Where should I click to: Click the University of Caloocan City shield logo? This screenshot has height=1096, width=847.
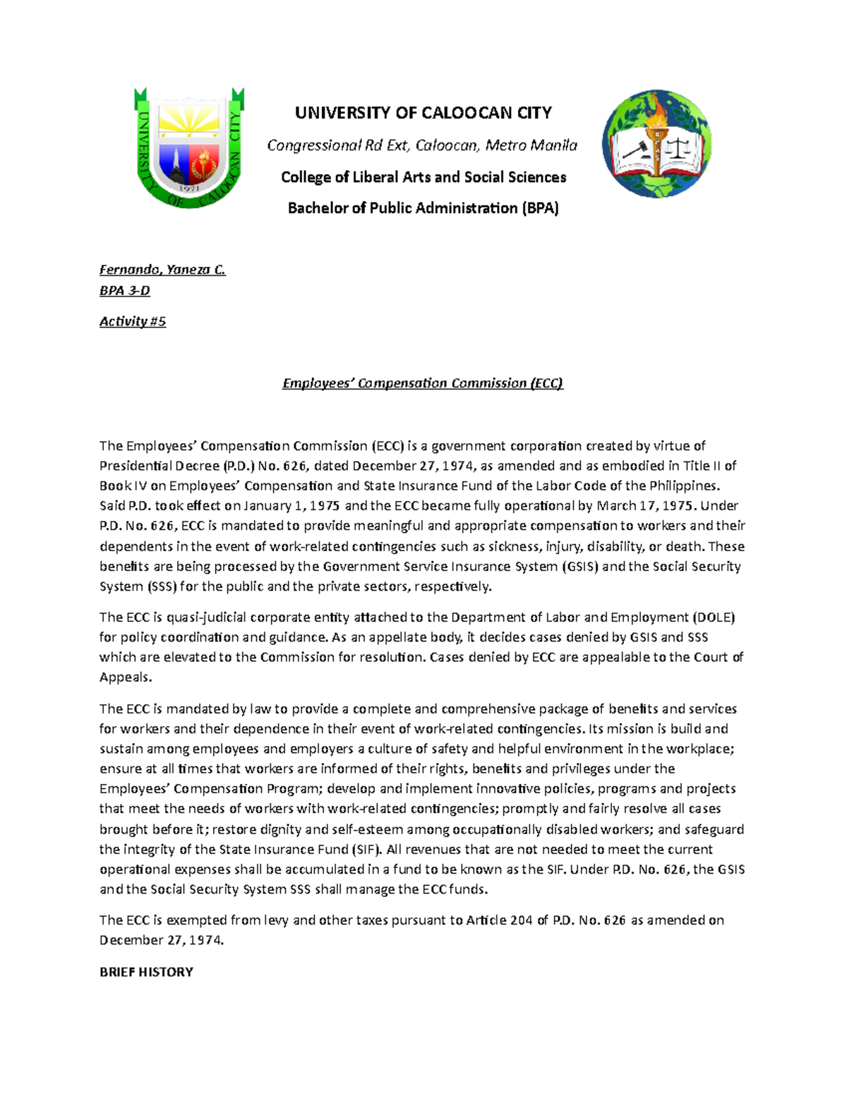pyautogui.click(x=189, y=147)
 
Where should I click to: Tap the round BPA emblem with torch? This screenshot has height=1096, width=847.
pyautogui.click(x=656, y=144)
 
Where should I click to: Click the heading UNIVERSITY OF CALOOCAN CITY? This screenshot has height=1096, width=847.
pyautogui.click(x=423, y=113)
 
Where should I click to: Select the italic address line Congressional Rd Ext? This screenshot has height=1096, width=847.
pyautogui.click(x=422, y=145)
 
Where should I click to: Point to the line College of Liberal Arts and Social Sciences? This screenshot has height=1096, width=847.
pyautogui.click(x=423, y=177)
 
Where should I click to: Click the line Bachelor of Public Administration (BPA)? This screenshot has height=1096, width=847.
pyautogui.click(x=423, y=208)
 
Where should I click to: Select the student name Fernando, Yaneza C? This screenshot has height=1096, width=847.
pyautogui.click(x=162, y=270)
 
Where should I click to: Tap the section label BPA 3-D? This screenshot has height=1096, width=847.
pyautogui.click(x=125, y=291)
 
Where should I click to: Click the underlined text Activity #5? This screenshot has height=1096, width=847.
pyautogui.click(x=133, y=322)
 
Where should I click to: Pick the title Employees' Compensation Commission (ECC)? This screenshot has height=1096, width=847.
pyautogui.click(x=423, y=383)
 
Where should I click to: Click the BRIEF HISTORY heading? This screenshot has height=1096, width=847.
pyautogui.click(x=146, y=972)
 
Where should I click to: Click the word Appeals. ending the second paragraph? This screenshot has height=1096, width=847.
pyautogui.click(x=126, y=678)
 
